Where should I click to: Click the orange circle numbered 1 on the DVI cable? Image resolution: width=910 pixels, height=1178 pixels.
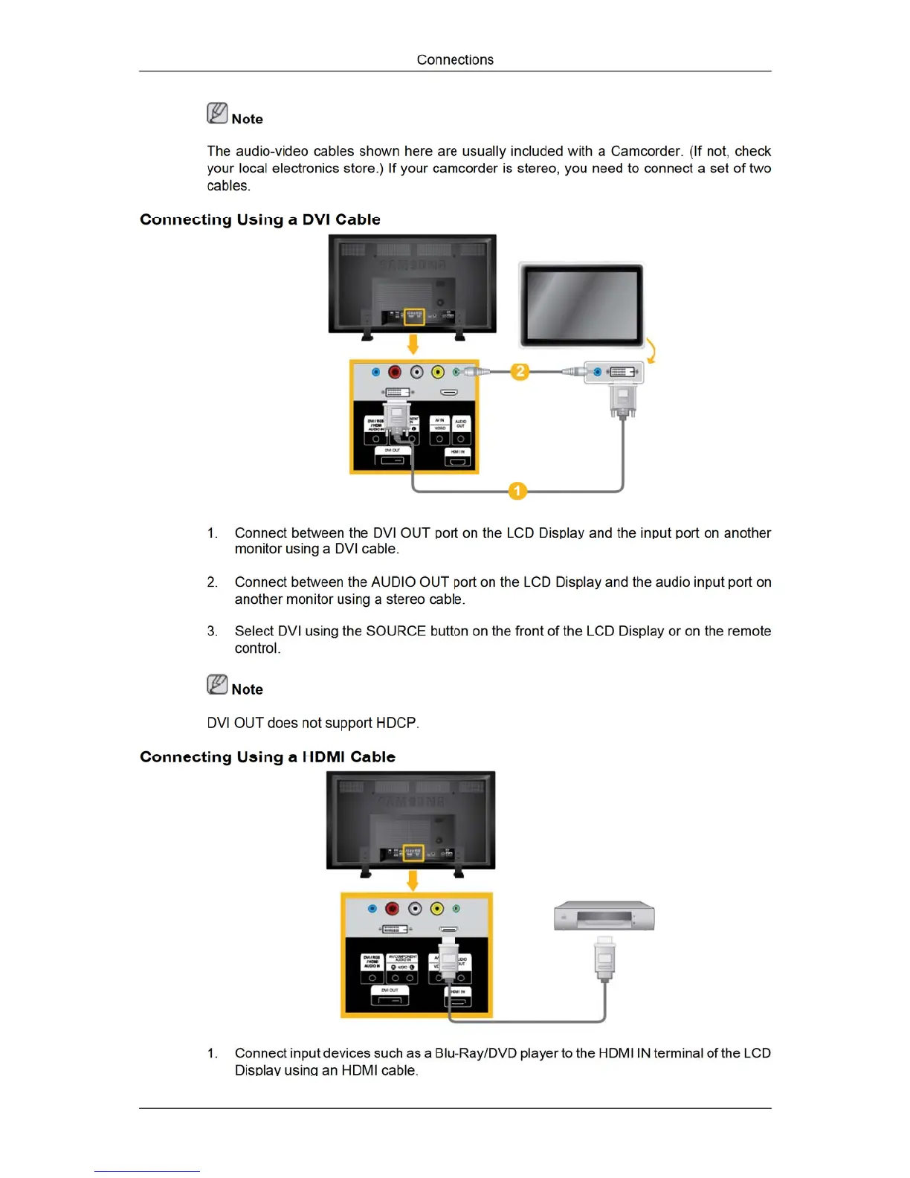click(x=517, y=491)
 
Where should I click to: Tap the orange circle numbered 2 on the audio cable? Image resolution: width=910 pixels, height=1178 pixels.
click(x=520, y=371)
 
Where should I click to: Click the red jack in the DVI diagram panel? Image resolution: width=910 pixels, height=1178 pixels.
click(x=395, y=372)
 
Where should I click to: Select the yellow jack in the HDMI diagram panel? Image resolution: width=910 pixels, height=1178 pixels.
click(x=437, y=908)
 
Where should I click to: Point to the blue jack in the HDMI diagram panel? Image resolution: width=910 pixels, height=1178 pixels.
click(x=373, y=909)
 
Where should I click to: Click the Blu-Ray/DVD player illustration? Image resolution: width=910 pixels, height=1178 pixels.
click(x=604, y=916)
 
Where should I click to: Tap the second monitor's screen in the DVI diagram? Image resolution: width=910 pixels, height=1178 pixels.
click(x=581, y=303)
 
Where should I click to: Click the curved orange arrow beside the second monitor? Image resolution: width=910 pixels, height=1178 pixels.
click(x=651, y=351)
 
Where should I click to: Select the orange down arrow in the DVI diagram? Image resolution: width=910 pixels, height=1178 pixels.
click(x=413, y=344)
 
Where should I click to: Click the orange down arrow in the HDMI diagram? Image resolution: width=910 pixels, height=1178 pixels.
click(x=413, y=881)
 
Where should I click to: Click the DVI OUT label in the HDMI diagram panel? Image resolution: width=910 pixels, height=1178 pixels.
click(x=390, y=990)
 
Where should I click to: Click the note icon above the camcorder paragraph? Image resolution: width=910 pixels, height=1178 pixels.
click(x=217, y=113)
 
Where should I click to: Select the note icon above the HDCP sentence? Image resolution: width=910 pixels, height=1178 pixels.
click(x=217, y=684)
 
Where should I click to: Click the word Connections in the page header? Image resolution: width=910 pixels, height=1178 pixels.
click(x=455, y=59)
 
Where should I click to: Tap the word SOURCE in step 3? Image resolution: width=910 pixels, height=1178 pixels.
click(x=396, y=631)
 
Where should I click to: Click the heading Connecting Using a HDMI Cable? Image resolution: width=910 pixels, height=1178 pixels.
click(x=268, y=757)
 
